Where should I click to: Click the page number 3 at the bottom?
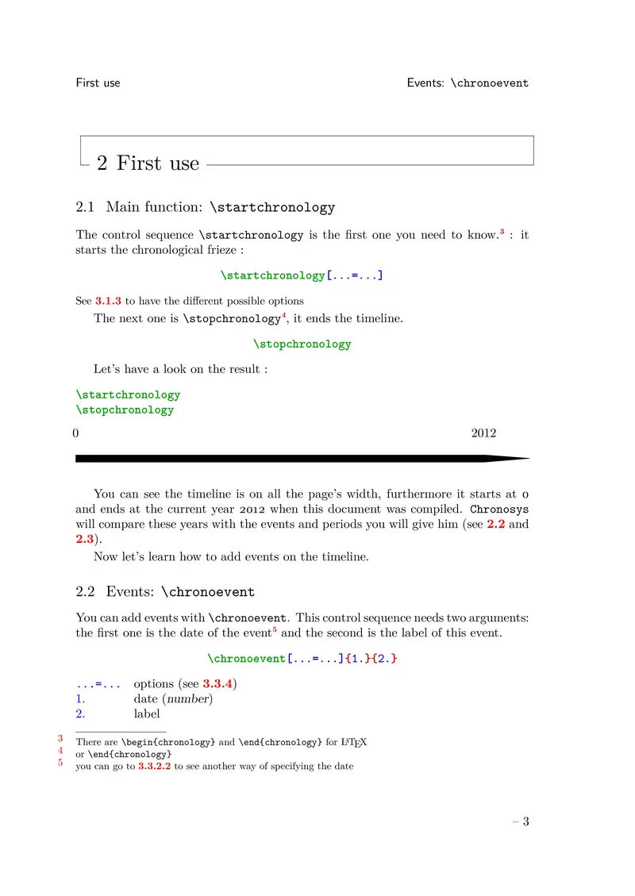point(525,821)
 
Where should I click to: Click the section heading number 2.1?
point(85,208)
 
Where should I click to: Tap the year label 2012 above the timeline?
point(483,433)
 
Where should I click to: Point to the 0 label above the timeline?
point(75,433)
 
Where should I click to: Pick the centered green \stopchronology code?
point(302,344)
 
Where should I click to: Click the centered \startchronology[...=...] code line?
point(302,276)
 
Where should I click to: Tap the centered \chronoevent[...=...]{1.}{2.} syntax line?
point(302,658)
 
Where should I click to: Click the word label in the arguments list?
point(147,713)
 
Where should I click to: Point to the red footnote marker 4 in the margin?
point(61,750)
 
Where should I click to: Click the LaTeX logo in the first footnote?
point(353,743)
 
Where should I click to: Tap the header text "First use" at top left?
point(98,83)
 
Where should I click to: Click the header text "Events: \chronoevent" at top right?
point(468,83)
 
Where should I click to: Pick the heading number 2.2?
point(85,592)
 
